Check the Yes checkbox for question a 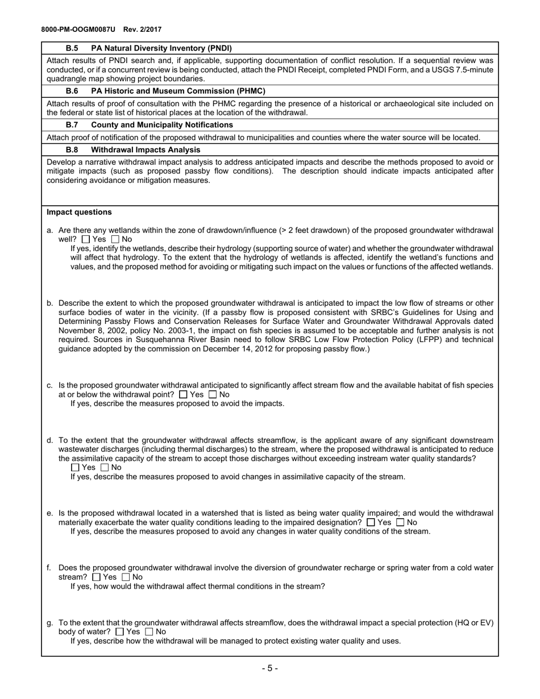[x=86, y=240]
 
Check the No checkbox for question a [x=115, y=240]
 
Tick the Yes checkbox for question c [x=183, y=394]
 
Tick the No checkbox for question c [x=213, y=394]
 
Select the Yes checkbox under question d [x=76, y=468]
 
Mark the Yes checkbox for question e [x=371, y=522]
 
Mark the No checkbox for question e [x=400, y=522]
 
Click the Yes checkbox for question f [x=96, y=577]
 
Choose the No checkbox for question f [x=126, y=577]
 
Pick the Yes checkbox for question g [x=119, y=632]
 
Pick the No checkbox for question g [x=149, y=632]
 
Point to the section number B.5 [x=72, y=48]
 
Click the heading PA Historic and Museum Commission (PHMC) [x=178, y=91]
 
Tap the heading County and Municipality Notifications [x=161, y=124]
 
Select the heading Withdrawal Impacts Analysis [x=146, y=150]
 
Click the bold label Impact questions [x=79, y=213]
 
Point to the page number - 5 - [x=270, y=668]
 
